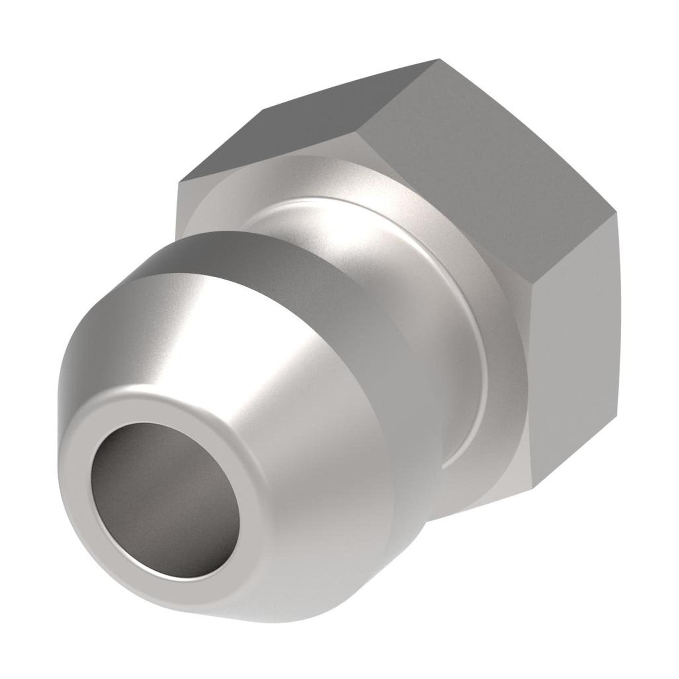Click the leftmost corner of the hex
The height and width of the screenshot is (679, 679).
[176, 184]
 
